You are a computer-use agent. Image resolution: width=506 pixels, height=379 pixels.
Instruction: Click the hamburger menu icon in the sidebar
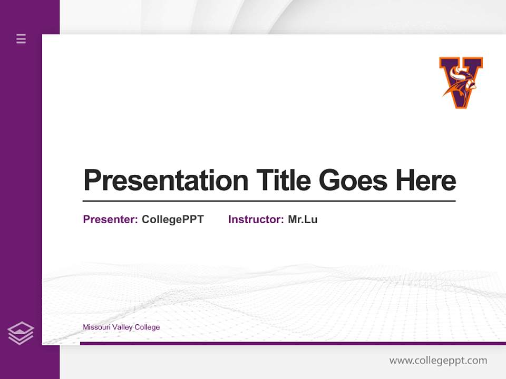[21, 38]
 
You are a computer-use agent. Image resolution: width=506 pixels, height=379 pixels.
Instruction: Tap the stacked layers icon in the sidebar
[21, 333]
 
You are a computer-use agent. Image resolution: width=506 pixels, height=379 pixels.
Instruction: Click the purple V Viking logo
[461, 82]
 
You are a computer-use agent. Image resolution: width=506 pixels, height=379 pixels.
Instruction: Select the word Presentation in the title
[166, 181]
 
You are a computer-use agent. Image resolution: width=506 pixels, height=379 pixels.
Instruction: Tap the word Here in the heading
[425, 181]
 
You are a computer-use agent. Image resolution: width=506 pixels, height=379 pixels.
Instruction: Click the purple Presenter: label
[110, 220]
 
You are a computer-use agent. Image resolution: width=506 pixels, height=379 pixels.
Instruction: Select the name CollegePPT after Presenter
[172, 220]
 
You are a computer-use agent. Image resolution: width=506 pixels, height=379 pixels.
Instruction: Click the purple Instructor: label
[256, 220]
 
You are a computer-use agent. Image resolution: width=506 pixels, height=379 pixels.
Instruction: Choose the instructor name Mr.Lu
[303, 220]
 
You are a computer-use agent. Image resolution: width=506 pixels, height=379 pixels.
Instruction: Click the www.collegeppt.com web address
[438, 361]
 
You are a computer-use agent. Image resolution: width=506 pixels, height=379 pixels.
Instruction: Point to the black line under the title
[269, 201]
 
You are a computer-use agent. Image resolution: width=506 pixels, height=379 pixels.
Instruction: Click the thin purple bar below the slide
[293, 343]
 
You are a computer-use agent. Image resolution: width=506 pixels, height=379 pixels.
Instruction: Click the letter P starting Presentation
[92, 181]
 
